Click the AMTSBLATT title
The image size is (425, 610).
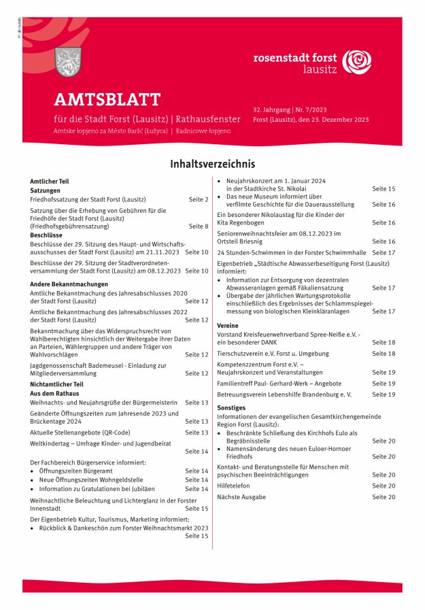point(107,100)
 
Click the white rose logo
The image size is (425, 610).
point(356,62)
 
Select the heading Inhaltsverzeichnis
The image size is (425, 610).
point(212,164)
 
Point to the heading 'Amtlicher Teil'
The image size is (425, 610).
point(50,182)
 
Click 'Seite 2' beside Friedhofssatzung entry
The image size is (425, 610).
point(198,200)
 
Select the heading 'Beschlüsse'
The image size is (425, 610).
point(47,235)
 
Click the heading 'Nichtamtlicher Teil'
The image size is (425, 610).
point(57,384)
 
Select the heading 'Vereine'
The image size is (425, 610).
point(228,325)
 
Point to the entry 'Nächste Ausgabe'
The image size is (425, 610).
point(242,497)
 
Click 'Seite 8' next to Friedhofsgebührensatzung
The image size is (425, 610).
point(198,226)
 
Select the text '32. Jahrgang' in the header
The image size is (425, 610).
point(271,109)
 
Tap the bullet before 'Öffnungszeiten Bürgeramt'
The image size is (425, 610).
point(33,471)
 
